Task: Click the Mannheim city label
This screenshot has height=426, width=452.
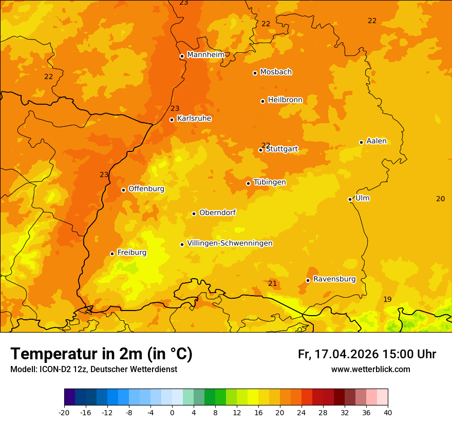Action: click(205, 54)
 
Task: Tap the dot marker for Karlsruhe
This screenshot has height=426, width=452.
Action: click(172, 120)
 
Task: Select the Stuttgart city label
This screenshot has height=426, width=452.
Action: click(281, 149)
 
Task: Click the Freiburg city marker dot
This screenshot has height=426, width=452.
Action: click(112, 254)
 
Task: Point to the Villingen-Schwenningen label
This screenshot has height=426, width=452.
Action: click(230, 243)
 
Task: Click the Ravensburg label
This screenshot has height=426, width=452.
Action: click(334, 279)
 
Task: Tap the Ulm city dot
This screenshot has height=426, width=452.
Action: click(350, 199)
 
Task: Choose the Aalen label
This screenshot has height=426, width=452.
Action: click(376, 141)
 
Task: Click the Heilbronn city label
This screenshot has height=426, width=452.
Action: click(285, 100)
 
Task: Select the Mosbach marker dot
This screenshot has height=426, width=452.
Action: click(255, 73)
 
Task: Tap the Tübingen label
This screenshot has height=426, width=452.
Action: click(269, 182)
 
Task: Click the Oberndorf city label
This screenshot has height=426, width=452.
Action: click(217, 212)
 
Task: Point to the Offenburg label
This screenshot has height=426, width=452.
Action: click(146, 189)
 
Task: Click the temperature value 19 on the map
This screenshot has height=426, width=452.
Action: click(387, 299)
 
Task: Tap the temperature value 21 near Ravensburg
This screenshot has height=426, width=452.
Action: click(272, 283)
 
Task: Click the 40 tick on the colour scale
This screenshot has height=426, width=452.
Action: click(387, 412)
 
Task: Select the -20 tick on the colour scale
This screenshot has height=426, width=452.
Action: click(64, 412)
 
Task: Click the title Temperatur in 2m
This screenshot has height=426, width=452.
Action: click(101, 354)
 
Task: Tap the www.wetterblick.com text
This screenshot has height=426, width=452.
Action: click(370, 369)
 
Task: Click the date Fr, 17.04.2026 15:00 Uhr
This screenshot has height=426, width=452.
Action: click(367, 354)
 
